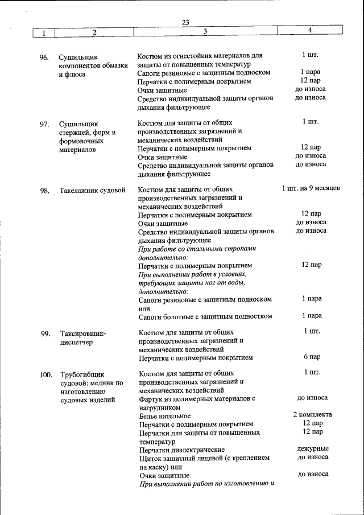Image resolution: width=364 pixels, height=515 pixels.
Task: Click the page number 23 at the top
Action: pyautogui.click(x=185, y=22)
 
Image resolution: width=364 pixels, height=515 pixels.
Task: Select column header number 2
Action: pyautogui.click(x=94, y=32)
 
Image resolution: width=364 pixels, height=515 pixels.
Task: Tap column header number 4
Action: pyautogui.click(x=310, y=30)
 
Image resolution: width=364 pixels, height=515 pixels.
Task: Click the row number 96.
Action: pyautogui.click(x=44, y=57)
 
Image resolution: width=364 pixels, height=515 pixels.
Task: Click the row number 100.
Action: pyautogui.click(x=46, y=374)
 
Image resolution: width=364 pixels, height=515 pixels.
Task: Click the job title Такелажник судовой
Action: pyautogui.click(x=92, y=191)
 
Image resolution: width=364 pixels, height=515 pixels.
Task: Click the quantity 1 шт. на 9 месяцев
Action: pyautogui.click(x=311, y=188)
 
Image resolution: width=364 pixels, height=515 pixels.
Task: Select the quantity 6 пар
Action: pyautogui.click(x=312, y=357)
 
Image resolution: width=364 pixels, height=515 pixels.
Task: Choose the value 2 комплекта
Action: pyautogui.click(x=312, y=414)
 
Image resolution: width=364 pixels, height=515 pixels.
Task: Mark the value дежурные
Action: pyautogui.click(x=312, y=448)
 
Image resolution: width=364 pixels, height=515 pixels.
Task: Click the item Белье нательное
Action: pyautogui.click(x=165, y=416)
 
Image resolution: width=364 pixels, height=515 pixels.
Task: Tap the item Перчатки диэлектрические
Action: pyautogui.click(x=181, y=450)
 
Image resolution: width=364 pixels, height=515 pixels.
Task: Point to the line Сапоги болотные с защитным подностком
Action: pyautogui.click(x=205, y=316)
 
